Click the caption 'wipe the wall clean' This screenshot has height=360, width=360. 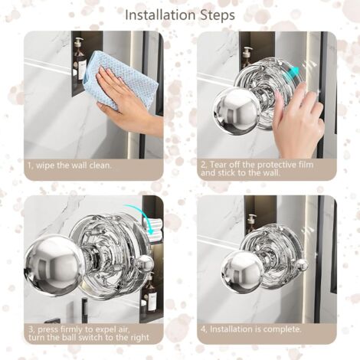click(x=74, y=165)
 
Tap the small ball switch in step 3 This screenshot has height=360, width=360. click(x=145, y=263)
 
